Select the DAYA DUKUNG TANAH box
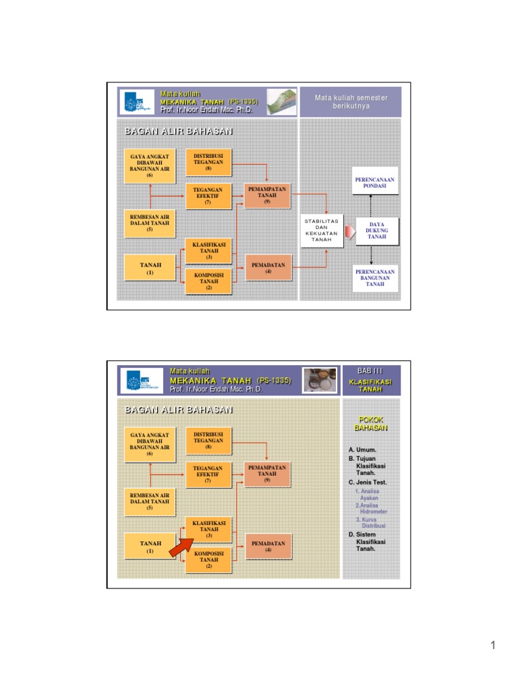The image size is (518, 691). [377, 231]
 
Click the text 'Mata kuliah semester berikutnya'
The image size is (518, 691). [351, 102]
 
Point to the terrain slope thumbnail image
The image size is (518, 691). [281, 101]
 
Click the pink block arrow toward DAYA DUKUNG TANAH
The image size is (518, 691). [349, 232]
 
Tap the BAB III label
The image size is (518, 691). [370, 370]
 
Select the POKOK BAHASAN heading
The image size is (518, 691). [370, 423]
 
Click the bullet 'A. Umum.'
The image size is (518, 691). [362, 449]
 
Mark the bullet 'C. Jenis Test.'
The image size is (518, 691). [368, 482]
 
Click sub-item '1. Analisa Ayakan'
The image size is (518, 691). [368, 495]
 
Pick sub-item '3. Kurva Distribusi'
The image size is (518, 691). [370, 522]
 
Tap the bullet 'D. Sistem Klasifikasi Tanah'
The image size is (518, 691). [368, 541]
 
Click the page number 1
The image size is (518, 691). [493, 646]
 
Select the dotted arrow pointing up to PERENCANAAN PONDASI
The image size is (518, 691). [371, 206]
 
